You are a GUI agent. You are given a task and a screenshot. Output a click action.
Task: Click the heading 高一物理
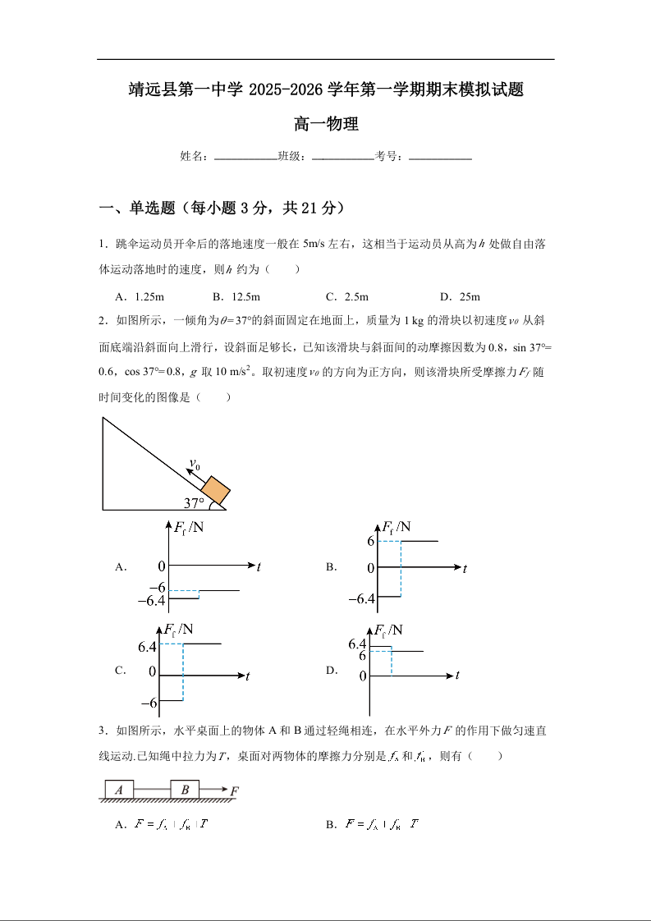coord(326,125)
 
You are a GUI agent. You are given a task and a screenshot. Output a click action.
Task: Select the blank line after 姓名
coord(245,157)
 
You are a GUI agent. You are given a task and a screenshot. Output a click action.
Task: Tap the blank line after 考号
coord(440,157)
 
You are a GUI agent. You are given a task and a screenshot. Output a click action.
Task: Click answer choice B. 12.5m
coord(236,296)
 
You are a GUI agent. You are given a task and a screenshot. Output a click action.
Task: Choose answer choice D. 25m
coord(460,296)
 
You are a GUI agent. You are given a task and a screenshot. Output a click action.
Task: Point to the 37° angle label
coord(194,503)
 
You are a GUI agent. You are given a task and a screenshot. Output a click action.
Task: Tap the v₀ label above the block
coord(195,465)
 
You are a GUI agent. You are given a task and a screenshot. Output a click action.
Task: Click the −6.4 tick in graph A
coord(151,602)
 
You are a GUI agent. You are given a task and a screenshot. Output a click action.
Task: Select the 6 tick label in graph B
coord(371,542)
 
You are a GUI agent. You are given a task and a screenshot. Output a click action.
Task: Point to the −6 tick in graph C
coord(149,703)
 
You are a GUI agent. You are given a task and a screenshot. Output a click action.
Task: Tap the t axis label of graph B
coord(465,568)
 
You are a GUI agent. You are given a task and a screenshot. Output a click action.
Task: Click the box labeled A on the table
coord(119,790)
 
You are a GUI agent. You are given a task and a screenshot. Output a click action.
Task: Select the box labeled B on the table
coord(185,790)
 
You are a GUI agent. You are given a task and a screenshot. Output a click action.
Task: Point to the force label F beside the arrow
coord(235,791)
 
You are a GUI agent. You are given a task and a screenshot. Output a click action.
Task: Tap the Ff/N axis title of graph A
coord(189,528)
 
